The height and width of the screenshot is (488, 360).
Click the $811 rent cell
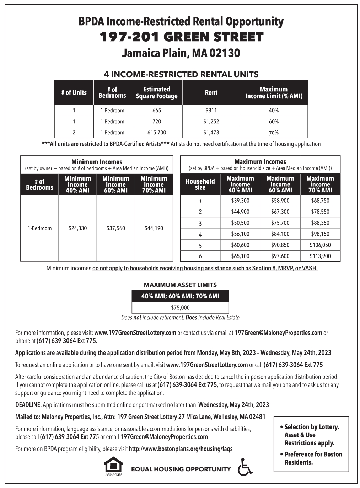click(211, 110)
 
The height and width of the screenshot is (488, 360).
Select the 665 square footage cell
click(156, 110)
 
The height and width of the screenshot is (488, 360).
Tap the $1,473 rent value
click(211, 132)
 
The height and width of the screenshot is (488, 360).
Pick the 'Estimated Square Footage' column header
click(156, 92)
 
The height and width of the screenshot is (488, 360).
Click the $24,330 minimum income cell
click(77, 228)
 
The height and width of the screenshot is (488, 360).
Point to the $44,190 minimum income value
click(154, 228)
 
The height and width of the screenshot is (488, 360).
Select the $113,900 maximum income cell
click(320, 256)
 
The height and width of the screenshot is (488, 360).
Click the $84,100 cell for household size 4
click(280, 234)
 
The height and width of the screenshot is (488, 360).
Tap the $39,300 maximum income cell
click(240, 201)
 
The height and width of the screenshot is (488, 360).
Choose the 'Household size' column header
click(200, 184)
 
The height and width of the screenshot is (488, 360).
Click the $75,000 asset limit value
click(180, 308)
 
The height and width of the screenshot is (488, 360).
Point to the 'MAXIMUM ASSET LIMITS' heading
click(180, 285)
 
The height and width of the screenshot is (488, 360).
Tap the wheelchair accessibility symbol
click(245, 467)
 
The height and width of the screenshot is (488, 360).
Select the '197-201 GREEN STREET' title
click(181, 37)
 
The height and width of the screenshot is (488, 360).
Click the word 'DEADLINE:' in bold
click(28, 405)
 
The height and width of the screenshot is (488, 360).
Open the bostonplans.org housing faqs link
click(181, 449)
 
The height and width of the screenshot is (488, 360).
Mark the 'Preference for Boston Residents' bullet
click(313, 458)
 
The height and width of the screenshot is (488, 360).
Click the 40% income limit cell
click(274, 110)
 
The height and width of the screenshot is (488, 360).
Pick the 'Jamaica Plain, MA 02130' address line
click(181, 53)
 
